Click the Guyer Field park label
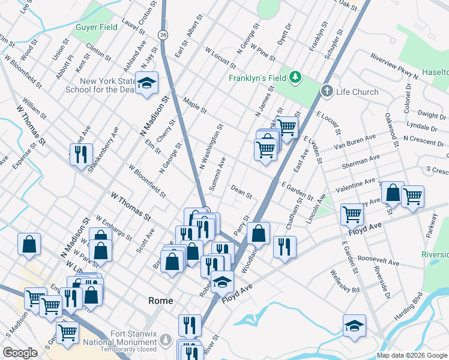point(96,28)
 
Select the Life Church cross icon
point(327,91)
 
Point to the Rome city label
point(160,301)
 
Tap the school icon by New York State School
point(145,85)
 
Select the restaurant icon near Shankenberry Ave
point(80,154)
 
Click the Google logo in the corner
point(20,353)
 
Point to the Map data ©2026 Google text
point(412,355)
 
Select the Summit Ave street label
point(217,174)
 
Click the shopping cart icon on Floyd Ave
point(351,214)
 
